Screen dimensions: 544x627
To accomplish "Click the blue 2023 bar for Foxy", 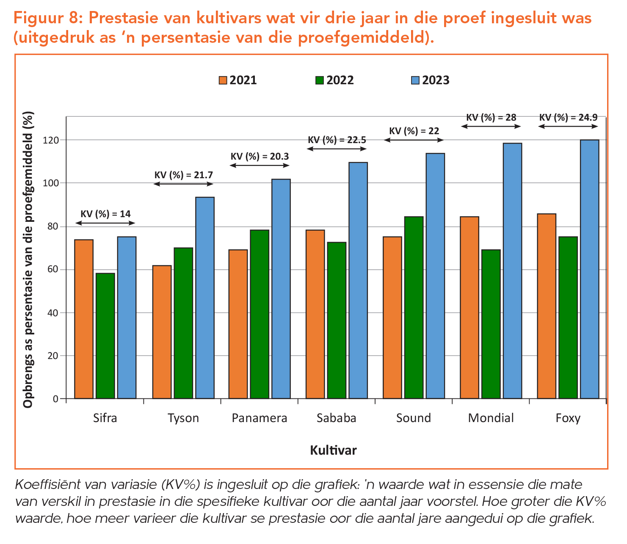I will (x=589, y=269).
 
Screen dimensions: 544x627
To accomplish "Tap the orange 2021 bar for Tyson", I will (x=162, y=332).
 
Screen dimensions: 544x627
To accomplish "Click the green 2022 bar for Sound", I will (x=414, y=307).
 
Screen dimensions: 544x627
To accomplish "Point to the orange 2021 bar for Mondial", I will (x=469, y=307).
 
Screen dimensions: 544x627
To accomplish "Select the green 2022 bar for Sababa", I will (x=337, y=320).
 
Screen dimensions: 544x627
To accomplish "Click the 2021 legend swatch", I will (x=223, y=80).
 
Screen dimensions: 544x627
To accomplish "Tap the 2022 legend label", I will (x=340, y=80).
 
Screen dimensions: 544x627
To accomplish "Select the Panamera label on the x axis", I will (x=260, y=418).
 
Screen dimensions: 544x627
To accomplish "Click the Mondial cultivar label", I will (x=491, y=418).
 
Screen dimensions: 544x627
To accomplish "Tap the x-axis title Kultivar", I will (x=333, y=450).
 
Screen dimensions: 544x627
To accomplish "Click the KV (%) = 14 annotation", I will (x=105, y=214).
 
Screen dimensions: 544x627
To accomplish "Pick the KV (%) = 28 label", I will (x=491, y=117).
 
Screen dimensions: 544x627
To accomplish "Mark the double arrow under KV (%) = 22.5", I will (x=337, y=149).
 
